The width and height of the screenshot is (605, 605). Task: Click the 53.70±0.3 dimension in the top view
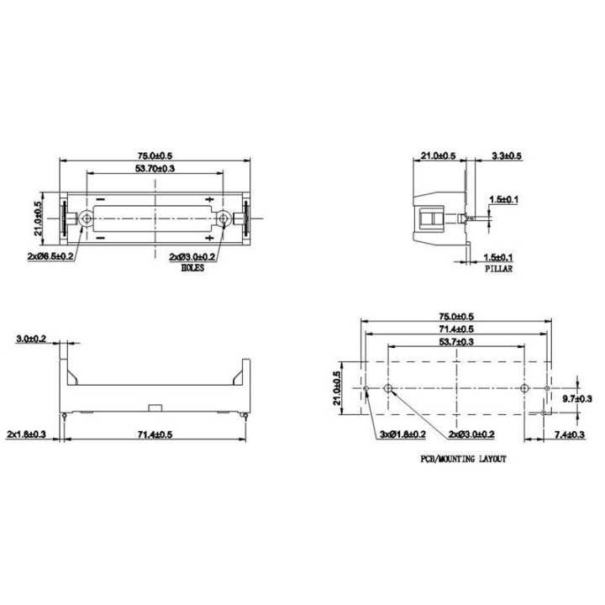(x=155, y=169)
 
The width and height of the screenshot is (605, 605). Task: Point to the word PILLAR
(x=498, y=269)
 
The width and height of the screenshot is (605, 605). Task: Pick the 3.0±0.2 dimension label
(x=31, y=339)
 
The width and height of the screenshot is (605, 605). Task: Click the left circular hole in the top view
(x=87, y=218)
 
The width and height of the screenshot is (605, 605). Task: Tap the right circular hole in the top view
(x=224, y=218)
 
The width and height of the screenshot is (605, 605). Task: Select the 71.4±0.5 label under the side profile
(x=155, y=434)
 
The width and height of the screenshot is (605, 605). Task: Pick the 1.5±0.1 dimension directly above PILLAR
(x=498, y=257)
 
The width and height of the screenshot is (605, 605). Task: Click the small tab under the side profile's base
(x=155, y=408)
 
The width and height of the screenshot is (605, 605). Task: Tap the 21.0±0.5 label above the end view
(x=438, y=156)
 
